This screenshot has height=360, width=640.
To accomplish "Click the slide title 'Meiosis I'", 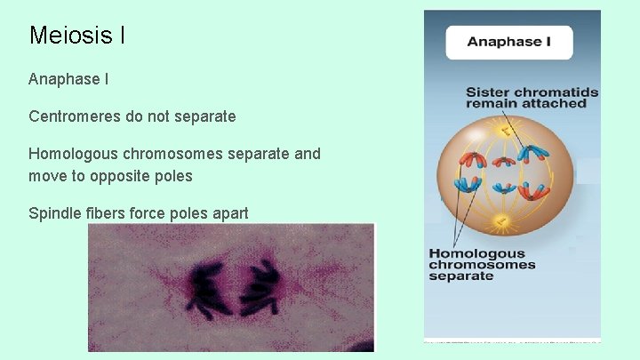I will click(x=76, y=36).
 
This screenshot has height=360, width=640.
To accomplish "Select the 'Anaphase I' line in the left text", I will click(x=68, y=79).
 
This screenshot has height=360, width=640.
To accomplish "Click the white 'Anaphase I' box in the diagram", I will click(x=508, y=42).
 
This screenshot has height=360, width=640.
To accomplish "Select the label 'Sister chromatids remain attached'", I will click(x=532, y=97).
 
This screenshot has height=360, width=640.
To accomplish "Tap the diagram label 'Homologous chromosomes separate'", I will click(x=482, y=265).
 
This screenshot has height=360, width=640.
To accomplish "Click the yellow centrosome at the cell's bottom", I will click(x=503, y=220).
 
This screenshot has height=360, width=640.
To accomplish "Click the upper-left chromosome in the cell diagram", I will click(x=469, y=161).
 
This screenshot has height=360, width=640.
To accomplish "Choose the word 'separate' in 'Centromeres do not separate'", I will click(x=205, y=116).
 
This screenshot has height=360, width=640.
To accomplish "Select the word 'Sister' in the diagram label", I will click(x=487, y=92).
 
